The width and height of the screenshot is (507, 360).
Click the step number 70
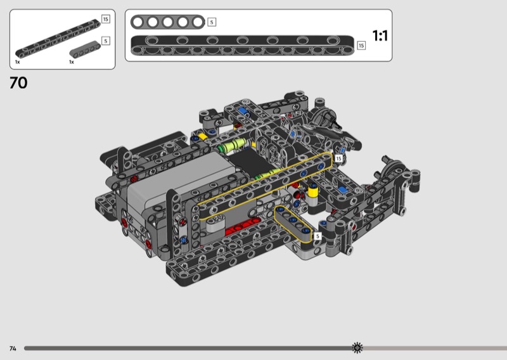(x=18, y=83)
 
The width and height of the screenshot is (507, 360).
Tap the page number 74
(x=13, y=349)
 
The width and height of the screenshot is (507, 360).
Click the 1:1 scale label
(x=380, y=35)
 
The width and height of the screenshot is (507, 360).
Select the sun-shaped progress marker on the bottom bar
(x=357, y=348)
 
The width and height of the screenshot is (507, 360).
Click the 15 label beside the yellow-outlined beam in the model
(x=338, y=158)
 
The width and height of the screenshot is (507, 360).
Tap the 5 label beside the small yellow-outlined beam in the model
(x=318, y=236)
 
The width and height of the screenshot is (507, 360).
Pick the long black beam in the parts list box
(x=58, y=39)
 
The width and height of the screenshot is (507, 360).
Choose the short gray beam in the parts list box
(x=85, y=49)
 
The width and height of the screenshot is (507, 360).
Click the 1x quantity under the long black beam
(x=18, y=62)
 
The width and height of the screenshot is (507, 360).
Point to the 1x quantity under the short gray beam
(x=72, y=62)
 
